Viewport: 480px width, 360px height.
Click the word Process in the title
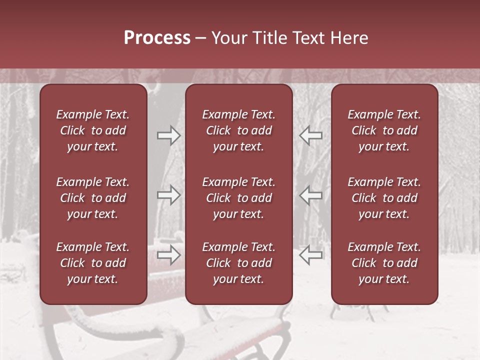pyautogui.click(x=157, y=38)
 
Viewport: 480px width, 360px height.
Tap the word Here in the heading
pyautogui.click(x=349, y=38)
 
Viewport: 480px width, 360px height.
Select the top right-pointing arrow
pyautogui.click(x=168, y=135)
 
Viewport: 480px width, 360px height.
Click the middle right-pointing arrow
pyautogui.click(x=168, y=195)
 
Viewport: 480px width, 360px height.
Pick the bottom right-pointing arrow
pyautogui.click(x=168, y=254)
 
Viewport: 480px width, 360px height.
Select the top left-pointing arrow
pyautogui.click(x=311, y=135)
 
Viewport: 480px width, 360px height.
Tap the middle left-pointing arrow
pyautogui.click(x=311, y=195)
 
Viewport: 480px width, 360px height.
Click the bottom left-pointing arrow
pyautogui.click(x=311, y=254)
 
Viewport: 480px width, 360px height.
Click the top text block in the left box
pyautogui.click(x=93, y=130)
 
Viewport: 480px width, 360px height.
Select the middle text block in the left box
pyautogui.click(x=93, y=198)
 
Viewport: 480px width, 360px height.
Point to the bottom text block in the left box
pyautogui.click(x=93, y=263)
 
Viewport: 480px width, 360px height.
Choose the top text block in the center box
pyautogui.click(x=238, y=130)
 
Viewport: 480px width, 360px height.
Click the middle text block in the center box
pyautogui.click(x=238, y=198)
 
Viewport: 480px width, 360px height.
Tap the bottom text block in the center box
pyautogui.click(x=238, y=263)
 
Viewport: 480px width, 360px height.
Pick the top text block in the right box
pyautogui.click(x=384, y=130)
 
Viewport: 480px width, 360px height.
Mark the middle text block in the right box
pyautogui.click(x=384, y=198)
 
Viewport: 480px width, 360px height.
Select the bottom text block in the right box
pyautogui.click(x=384, y=263)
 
